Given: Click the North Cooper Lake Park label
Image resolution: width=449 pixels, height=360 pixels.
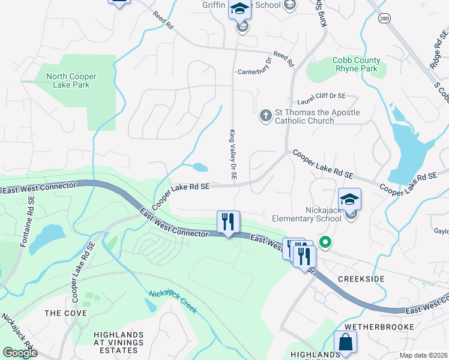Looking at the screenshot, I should [x=71, y=80].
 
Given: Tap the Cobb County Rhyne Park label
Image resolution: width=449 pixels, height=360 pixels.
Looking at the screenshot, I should [x=357, y=64].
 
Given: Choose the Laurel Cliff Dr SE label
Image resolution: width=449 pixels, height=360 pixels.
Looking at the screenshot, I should [x=322, y=95].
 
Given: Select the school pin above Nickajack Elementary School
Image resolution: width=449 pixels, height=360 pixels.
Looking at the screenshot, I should [x=349, y=199].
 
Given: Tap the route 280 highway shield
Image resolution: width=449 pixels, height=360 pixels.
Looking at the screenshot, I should [x=384, y=20].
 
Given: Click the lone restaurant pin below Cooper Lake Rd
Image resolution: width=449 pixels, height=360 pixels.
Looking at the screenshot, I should [x=228, y=221].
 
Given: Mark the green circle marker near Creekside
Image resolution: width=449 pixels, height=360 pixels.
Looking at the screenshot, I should [x=325, y=243].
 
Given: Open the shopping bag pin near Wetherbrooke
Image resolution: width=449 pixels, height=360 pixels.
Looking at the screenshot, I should [x=346, y=342].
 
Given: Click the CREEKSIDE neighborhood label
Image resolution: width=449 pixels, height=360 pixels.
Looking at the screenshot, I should [x=360, y=280].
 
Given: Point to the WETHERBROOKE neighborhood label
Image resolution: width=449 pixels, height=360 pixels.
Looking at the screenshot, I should [x=384, y=326].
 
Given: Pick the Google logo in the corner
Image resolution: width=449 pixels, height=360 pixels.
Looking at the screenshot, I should [x=20, y=352].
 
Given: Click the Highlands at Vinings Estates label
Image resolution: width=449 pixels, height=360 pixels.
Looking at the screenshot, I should [x=118, y=342].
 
